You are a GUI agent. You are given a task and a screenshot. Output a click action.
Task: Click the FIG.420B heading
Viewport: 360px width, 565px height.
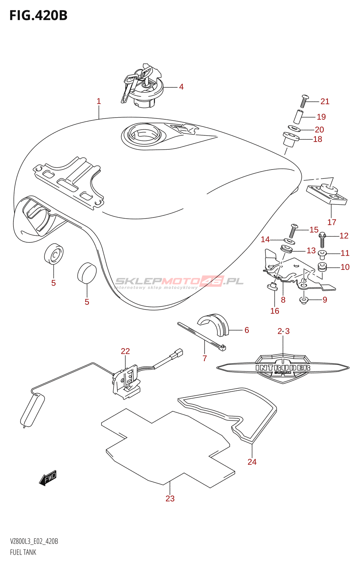pos(38,16)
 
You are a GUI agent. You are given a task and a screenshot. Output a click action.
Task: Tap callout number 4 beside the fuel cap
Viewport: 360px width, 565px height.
pos(181,87)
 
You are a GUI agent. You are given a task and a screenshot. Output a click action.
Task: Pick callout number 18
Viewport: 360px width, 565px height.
pos(318,139)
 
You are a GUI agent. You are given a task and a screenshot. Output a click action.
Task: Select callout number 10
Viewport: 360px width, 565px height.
pos(345,267)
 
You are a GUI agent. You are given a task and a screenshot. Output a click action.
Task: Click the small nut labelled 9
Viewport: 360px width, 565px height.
pos(304,300)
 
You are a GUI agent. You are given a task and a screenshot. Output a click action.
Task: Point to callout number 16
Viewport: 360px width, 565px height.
pos(275,311)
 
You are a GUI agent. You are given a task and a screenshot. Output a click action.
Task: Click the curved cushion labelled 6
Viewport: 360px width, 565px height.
pos(214,324)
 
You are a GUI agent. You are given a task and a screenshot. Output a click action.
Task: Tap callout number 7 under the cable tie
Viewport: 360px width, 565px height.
pos(205,358)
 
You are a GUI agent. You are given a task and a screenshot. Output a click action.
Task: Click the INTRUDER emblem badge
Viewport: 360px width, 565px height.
pos(283,368)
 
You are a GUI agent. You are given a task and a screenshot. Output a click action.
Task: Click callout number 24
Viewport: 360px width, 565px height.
pos(252,462)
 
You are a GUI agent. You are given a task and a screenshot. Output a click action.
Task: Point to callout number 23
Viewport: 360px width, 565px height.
pos(170,499)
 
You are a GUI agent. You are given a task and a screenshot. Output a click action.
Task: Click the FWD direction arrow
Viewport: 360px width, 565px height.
pos(48,478)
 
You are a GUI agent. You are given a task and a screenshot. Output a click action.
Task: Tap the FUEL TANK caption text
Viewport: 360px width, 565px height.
pos(23,552)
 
